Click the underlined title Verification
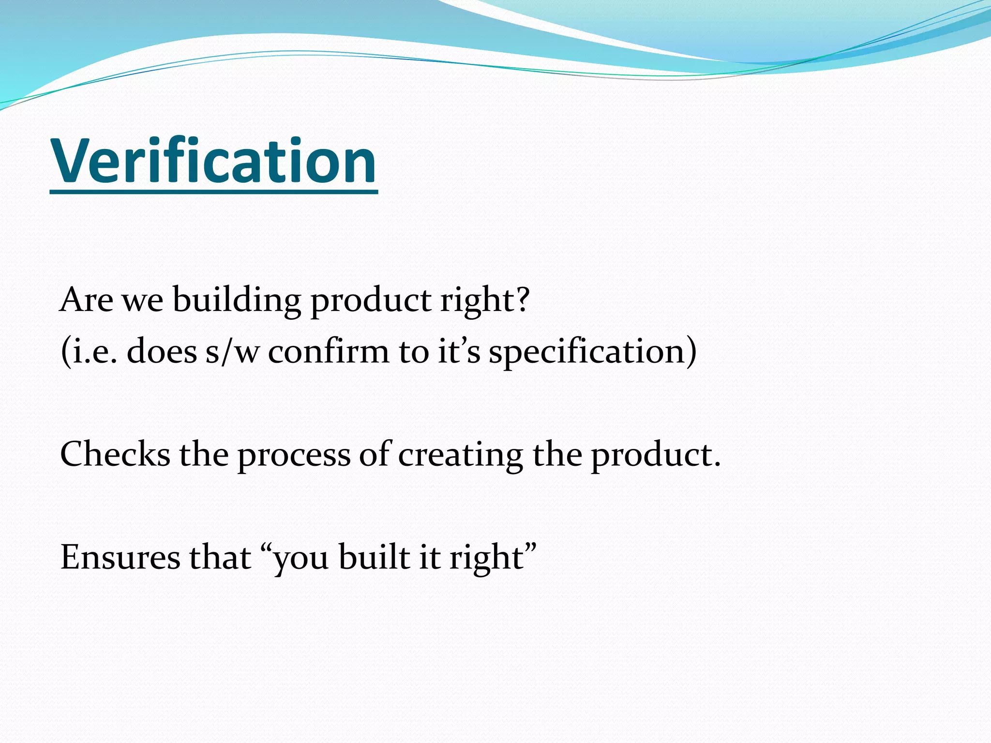pos(213,162)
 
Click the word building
pos(237,300)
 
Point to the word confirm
pos(329,352)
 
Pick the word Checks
pos(115,455)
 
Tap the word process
pos(294,456)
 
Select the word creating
pos(460,456)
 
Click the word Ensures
pos(120,558)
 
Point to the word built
pos(375,558)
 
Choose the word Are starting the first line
pos(86,300)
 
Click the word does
pos(162,352)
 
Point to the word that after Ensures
pos(220,558)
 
